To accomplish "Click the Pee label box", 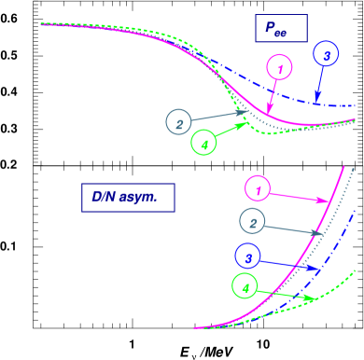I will point(280,29).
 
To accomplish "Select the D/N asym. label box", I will point(127,198).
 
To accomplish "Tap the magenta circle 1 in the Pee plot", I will point(279,66).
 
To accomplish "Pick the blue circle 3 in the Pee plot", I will point(326,56).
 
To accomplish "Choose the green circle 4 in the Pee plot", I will point(203,143).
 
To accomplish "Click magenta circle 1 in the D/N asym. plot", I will point(258,189).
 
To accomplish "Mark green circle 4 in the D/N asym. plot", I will point(245,287).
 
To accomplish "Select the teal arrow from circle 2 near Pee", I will point(220,116).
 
